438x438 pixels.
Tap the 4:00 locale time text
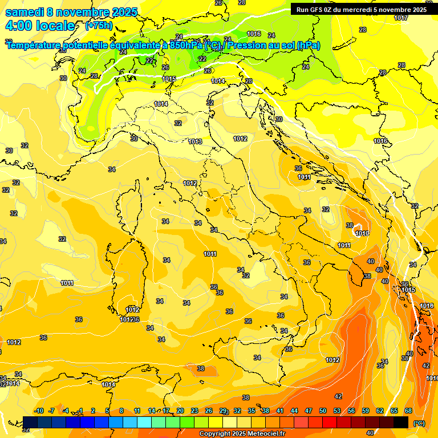40,26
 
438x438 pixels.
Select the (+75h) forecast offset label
99,26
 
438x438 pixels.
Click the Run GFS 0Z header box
361,10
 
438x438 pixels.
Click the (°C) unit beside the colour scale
419,423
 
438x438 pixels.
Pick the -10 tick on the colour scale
39,411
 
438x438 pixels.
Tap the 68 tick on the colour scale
408,411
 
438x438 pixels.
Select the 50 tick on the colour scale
323,411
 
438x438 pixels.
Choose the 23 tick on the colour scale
194,411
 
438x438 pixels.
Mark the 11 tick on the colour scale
137,411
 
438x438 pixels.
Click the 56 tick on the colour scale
351,411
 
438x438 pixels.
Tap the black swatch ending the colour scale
401,422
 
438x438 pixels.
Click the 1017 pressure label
401,18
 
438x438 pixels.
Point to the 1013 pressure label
195,141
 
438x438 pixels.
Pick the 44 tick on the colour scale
294,411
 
